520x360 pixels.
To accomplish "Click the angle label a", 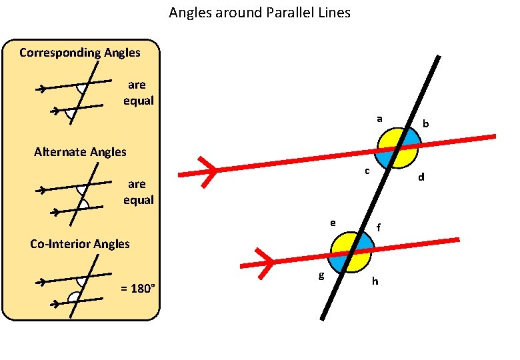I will click(379, 119).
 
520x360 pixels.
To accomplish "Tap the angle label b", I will click(426, 125).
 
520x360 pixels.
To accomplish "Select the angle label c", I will click(367, 172).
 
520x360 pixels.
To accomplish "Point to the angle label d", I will click(421, 178).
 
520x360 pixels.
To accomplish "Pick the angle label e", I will click(332, 222).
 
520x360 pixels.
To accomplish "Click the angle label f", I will click(379, 228).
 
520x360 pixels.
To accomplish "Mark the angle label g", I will click(321, 275).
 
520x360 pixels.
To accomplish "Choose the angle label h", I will click(375, 281).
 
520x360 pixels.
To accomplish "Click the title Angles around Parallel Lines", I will click(259, 13).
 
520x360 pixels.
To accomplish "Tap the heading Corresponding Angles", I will click(80, 52).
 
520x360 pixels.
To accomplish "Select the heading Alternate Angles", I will click(80, 152).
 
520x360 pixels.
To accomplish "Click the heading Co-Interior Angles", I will click(80, 244).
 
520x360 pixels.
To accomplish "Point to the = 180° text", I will click(138, 288).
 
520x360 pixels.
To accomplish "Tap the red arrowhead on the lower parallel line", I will click(267, 261).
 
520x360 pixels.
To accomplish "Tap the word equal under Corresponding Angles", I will click(139, 101).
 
